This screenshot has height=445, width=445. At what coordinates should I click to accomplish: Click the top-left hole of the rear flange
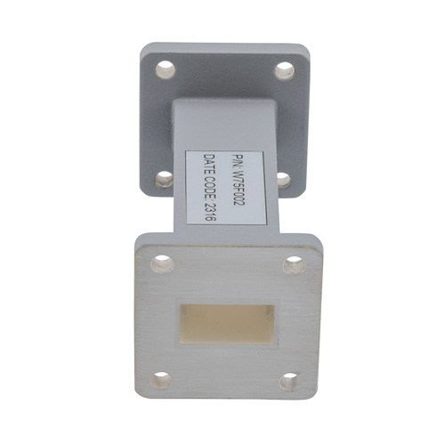pyautogui.click(x=164, y=68)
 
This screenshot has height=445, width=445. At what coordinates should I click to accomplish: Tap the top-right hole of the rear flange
pyautogui.click(x=283, y=68)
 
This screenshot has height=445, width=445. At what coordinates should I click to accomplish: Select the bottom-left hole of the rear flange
pyautogui.click(x=163, y=179)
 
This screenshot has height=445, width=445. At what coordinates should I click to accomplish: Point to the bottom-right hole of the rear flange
pyautogui.click(x=283, y=179)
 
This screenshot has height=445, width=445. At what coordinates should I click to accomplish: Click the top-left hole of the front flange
pyautogui.click(x=160, y=263)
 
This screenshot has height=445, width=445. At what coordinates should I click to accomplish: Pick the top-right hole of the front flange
pyautogui.click(x=293, y=263)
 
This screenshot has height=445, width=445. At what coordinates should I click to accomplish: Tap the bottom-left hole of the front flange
pyautogui.click(x=160, y=380)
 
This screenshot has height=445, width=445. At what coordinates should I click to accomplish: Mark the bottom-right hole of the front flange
pyautogui.click(x=291, y=381)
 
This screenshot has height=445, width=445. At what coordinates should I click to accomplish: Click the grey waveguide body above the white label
pyautogui.click(x=222, y=125)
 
